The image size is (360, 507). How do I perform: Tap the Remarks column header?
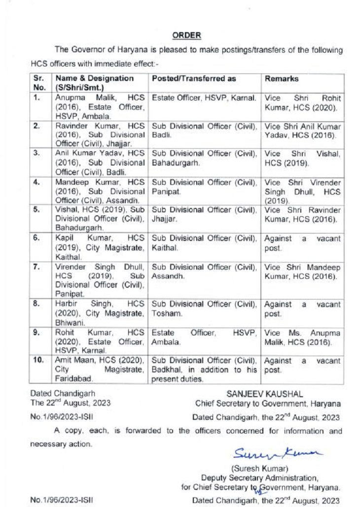tap(279, 79)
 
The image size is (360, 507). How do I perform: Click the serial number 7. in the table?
tap(36, 267)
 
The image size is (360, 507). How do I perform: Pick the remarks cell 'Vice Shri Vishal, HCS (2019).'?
tap(302, 157)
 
